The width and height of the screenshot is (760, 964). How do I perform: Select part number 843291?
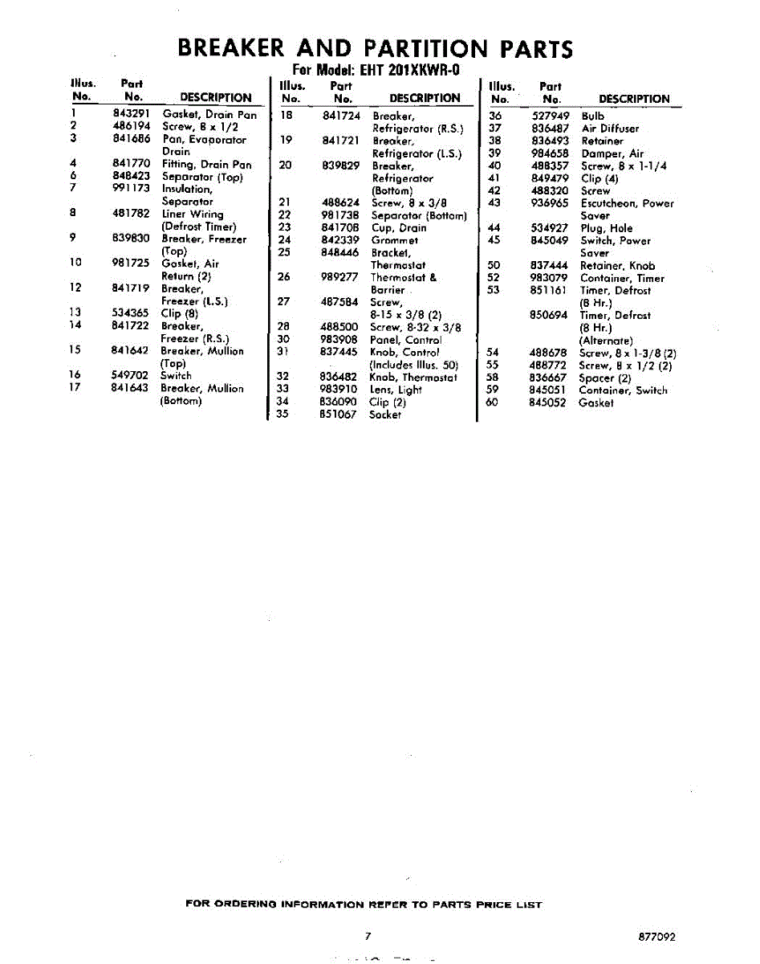tap(132, 114)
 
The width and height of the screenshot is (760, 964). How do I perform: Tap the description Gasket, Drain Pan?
tap(209, 114)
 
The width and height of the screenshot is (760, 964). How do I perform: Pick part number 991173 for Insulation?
tap(132, 189)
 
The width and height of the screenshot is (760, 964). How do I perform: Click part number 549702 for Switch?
tap(131, 375)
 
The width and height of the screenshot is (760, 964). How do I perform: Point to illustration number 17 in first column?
tap(75, 388)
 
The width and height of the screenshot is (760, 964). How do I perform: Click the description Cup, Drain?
tap(399, 227)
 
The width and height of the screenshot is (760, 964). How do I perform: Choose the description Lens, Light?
tap(396, 390)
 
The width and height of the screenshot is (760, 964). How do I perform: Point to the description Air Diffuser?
tap(610, 129)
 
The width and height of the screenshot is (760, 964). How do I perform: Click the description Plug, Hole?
tap(607, 228)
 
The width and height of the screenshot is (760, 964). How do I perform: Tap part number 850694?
tap(550, 316)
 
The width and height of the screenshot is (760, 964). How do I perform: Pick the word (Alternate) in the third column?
tap(606, 341)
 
